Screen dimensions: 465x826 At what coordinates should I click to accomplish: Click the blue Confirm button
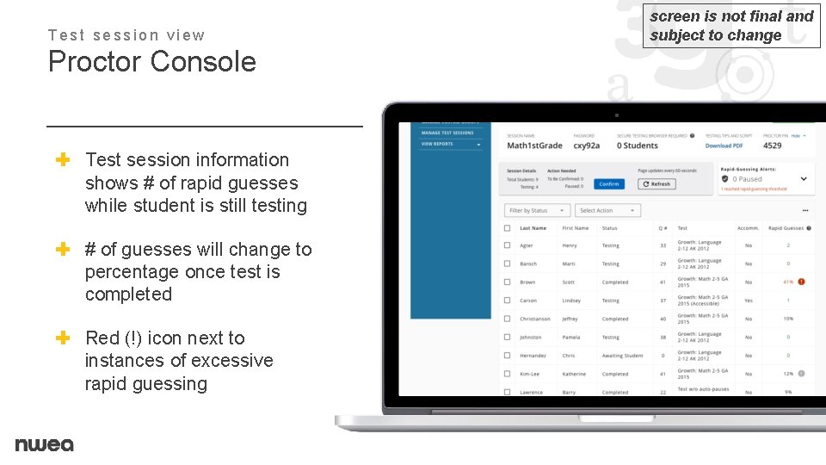click(608, 183)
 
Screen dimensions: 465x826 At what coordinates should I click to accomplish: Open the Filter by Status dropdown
click(537, 210)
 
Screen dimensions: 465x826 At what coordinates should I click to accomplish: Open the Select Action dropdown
click(608, 210)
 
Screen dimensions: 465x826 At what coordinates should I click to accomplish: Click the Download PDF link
click(724, 146)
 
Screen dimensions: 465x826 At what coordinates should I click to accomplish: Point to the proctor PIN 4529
click(773, 146)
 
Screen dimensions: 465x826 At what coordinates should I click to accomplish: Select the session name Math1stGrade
click(534, 146)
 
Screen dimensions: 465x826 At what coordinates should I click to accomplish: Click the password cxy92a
click(586, 146)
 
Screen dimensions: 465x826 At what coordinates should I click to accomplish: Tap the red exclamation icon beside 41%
click(801, 282)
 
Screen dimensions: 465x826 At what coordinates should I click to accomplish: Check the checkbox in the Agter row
click(508, 245)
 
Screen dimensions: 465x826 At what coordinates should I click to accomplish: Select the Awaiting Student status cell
click(622, 356)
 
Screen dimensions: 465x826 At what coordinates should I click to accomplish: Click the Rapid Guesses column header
click(786, 228)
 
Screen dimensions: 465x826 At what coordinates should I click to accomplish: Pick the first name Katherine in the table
click(574, 374)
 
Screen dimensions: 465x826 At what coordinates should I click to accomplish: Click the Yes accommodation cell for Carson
click(748, 301)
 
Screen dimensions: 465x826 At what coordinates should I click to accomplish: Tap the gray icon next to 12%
click(801, 374)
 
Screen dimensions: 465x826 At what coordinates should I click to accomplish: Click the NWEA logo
click(44, 444)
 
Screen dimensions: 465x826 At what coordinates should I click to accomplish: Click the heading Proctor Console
click(152, 62)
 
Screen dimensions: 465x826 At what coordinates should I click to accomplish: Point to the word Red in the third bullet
click(103, 338)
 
